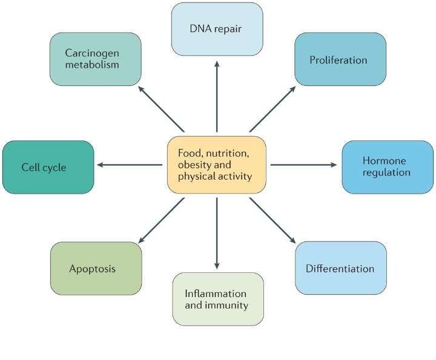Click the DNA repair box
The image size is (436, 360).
coord(216,29)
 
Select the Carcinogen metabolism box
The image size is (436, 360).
coord(96,59)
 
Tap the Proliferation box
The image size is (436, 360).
coord(340,59)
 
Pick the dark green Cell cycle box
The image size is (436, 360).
coord(48,166)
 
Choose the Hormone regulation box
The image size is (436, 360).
coord(388,167)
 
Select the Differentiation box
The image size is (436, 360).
coord(340,267)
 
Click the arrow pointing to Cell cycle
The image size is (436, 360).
coord(130,165)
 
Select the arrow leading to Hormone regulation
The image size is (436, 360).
coord(303,165)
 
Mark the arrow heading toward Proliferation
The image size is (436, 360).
coord(273,108)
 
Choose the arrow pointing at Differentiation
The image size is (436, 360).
coord(272,221)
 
